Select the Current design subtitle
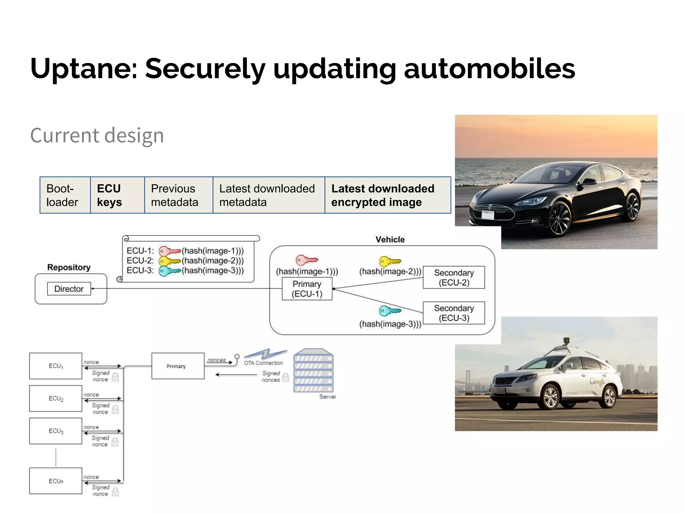click(x=97, y=136)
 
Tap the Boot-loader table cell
click(x=65, y=195)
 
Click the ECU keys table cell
click(x=117, y=195)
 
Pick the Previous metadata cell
click(x=178, y=195)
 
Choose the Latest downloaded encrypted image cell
click(x=387, y=195)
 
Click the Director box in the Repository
click(x=69, y=289)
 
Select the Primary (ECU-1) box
click(x=307, y=289)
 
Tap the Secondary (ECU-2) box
click(x=454, y=278)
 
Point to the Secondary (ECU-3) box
click(x=454, y=313)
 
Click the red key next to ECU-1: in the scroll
click(x=169, y=251)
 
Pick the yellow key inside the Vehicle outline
click(x=389, y=261)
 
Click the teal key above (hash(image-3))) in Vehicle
click(x=389, y=311)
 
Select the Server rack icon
click(x=313, y=371)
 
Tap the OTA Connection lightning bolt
click(x=266, y=354)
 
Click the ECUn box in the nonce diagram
click(x=56, y=481)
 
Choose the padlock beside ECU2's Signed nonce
click(x=115, y=409)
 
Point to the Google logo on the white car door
click(x=597, y=382)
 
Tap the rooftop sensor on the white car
click(x=566, y=341)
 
